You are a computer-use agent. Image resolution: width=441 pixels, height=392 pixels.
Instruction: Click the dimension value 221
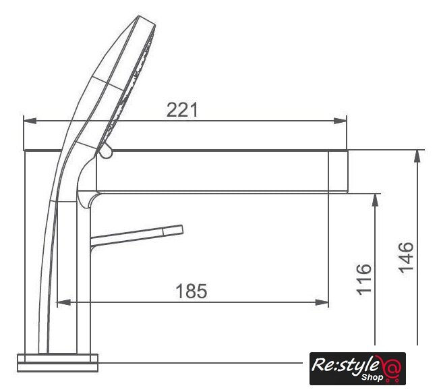click(x=182, y=109)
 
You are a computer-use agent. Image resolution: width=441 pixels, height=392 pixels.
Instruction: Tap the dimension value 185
click(x=192, y=291)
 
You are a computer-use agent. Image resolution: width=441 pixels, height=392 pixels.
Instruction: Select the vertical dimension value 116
click(x=364, y=279)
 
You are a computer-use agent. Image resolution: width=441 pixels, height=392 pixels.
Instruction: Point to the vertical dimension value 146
click(x=406, y=257)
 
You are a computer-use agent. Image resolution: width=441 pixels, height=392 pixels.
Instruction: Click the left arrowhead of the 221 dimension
click(x=30, y=121)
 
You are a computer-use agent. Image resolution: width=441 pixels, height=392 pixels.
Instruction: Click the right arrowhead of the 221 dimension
click(x=341, y=121)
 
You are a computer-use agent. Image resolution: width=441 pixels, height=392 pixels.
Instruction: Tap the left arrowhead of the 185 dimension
click(x=64, y=302)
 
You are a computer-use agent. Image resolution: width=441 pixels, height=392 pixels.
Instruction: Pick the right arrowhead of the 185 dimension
click(x=322, y=302)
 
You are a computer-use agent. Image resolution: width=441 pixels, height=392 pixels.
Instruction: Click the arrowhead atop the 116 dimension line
click(x=375, y=200)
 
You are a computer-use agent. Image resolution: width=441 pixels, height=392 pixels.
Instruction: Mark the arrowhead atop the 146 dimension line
click(x=417, y=156)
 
